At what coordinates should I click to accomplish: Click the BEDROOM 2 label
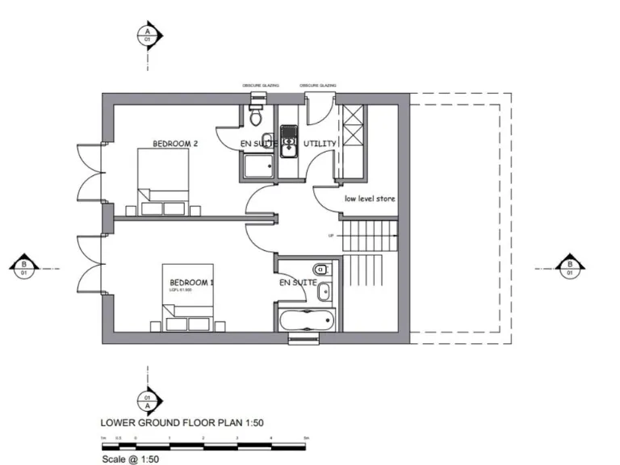pyautogui.click(x=175, y=144)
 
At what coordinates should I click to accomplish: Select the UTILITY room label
pyautogui.click(x=320, y=144)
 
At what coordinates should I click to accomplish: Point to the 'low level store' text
pyautogui.click(x=370, y=199)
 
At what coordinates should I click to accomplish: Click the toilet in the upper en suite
pyautogui.click(x=257, y=117)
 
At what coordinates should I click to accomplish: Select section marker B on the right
pyautogui.click(x=571, y=268)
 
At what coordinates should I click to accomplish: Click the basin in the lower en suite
pyautogui.click(x=322, y=291)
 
